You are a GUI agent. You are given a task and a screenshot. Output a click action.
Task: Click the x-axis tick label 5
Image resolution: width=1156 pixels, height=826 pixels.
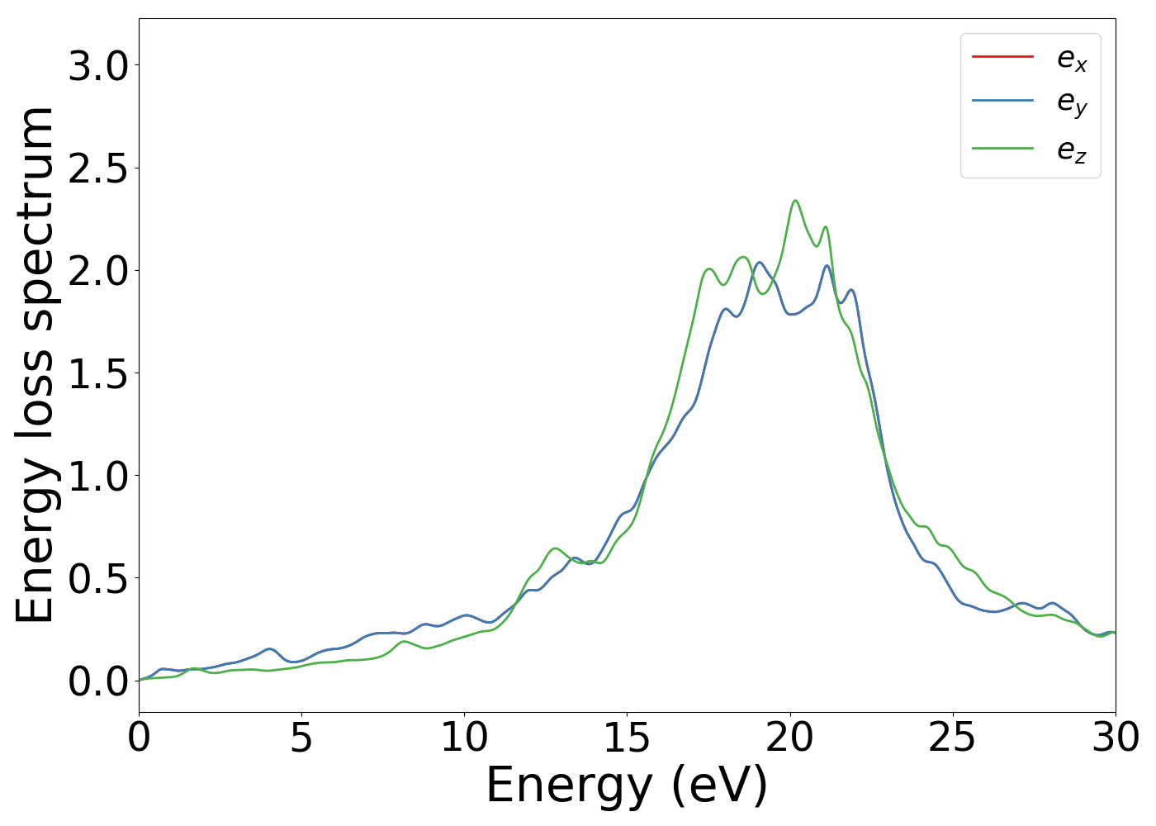click(x=301, y=738)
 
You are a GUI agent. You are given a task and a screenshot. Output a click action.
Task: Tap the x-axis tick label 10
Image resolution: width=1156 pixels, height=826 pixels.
click(x=464, y=738)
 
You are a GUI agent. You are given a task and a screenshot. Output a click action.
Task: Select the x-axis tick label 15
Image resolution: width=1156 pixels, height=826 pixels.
click(x=627, y=738)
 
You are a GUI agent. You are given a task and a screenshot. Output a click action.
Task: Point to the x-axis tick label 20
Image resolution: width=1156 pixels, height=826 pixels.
click(x=789, y=738)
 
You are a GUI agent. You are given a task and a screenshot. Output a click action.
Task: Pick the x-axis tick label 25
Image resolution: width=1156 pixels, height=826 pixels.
click(x=952, y=738)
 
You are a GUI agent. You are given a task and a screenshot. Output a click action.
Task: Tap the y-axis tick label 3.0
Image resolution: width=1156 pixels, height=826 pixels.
click(x=99, y=66)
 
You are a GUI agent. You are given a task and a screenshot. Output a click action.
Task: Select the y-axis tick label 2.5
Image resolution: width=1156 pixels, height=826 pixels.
click(x=99, y=169)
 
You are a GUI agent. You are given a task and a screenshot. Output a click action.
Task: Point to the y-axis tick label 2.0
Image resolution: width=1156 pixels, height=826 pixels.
click(x=99, y=271)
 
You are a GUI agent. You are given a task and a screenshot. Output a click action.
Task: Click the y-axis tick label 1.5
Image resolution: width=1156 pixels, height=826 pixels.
click(x=99, y=373)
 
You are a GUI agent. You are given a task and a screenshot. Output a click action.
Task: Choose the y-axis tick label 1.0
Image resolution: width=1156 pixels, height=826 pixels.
click(x=99, y=476)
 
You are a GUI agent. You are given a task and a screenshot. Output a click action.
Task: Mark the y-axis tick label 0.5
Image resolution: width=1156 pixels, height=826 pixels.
click(x=99, y=578)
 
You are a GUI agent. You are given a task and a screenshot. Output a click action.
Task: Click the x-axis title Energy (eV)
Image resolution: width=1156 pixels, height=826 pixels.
click(x=627, y=785)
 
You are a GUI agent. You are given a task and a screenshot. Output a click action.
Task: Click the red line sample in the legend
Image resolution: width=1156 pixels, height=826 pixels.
click(x=1002, y=56)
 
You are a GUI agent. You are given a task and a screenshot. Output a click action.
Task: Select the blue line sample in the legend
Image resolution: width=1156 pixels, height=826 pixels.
click(x=1002, y=101)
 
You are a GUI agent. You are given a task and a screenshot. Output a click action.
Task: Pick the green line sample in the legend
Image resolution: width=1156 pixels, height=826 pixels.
click(x=1002, y=148)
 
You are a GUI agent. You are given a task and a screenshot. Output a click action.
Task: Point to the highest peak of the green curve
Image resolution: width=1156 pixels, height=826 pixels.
click(x=795, y=200)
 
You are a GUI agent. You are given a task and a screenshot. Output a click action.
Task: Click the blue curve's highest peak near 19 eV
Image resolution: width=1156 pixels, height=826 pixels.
click(x=760, y=263)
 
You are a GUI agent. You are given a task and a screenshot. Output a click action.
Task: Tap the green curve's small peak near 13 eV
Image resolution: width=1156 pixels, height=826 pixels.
click(x=555, y=548)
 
